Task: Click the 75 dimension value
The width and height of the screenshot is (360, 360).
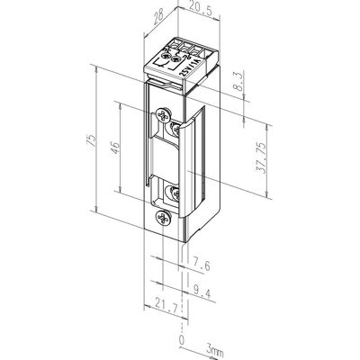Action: [92, 139]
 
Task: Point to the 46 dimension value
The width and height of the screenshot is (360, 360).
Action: [115, 147]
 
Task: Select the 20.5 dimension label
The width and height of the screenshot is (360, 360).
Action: [201, 12]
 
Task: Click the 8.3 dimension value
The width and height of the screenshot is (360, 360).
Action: [238, 82]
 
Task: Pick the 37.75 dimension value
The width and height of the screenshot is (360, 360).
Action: [261, 158]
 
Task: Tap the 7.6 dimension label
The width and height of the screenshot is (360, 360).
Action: [202, 265]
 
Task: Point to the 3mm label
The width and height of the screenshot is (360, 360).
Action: [214, 351]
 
